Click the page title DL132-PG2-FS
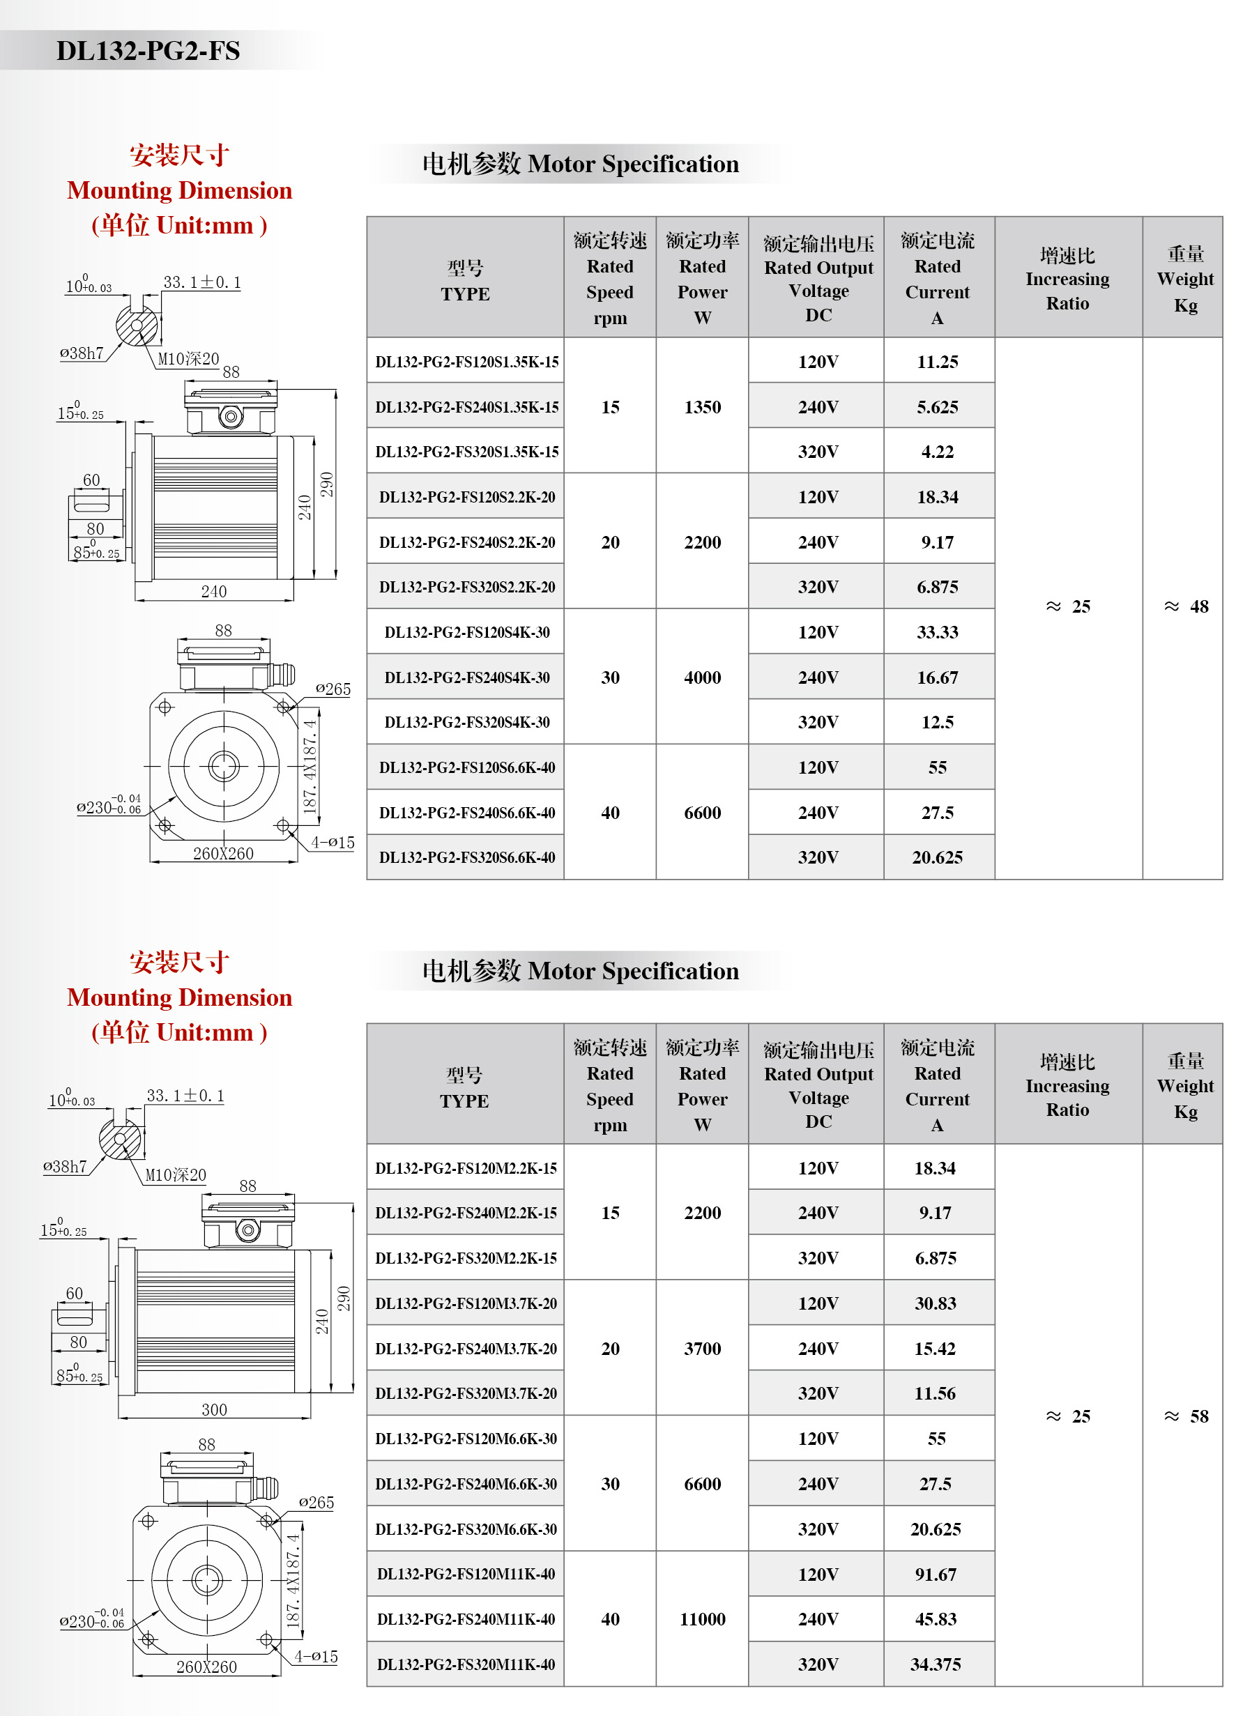[148, 51]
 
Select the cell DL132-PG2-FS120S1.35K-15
[466, 362]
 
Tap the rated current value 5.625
[937, 407]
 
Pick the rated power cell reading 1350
[702, 407]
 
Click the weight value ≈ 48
[1186, 606]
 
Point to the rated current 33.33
[937, 632]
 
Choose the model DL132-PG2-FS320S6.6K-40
[466, 858]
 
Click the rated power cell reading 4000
[702, 677]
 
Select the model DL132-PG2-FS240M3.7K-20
[466, 1349]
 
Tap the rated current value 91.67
[935, 1575]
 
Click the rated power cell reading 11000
[702, 1619]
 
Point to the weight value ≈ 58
[1186, 1416]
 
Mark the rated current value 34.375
[935, 1664]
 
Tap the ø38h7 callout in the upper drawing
[82, 353]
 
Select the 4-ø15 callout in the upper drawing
[333, 843]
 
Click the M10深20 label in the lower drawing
[175, 1175]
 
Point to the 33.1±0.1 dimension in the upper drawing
[202, 283]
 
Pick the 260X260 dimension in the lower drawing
[206, 1667]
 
